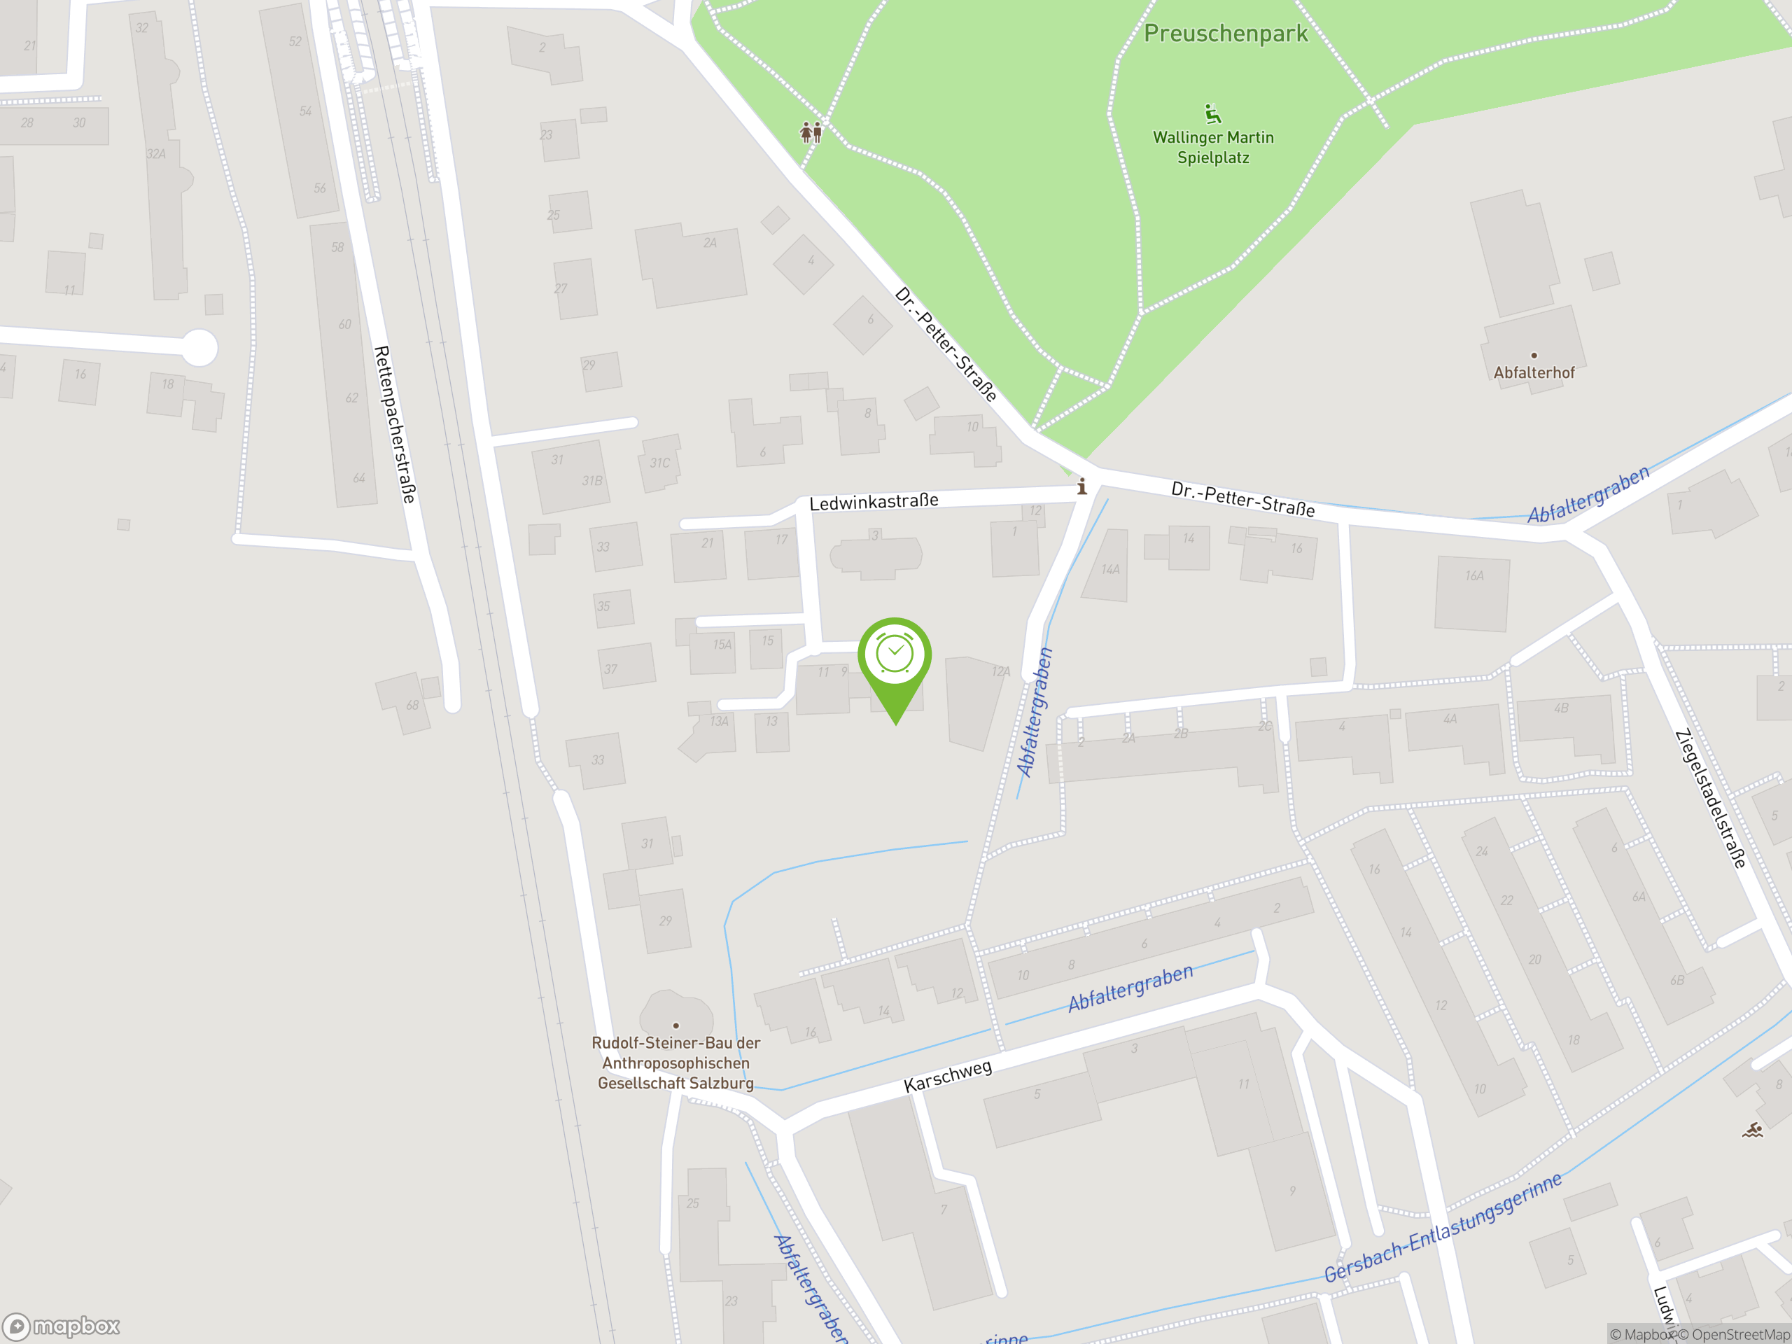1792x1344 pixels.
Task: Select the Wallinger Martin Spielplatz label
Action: coord(1213,148)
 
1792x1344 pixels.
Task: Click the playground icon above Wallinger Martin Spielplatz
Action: coord(1212,113)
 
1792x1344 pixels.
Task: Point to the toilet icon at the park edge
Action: coord(811,131)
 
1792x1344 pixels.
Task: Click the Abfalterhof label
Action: coord(1534,372)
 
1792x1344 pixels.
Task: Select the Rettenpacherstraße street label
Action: coord(395,423)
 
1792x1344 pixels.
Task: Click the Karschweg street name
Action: coord(947,1076)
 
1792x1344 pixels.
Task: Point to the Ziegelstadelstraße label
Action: coord(1709,799)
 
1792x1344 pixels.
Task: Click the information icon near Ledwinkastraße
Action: coord(1081,486)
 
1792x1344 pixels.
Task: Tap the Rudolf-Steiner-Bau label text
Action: coord(675,1062)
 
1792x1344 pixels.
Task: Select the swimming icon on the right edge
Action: coord(1752,1130)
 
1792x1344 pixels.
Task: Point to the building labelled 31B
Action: coord(591,481)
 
